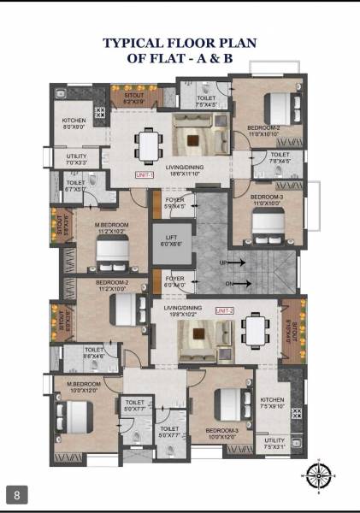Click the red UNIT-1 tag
point(144,174)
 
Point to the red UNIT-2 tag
point(225,310)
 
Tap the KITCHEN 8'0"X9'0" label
point(74,124)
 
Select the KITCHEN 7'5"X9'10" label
point(272,403)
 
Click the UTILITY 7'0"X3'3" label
point(76,159)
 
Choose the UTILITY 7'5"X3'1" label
point(274,443)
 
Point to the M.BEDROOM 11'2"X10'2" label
point(110,227)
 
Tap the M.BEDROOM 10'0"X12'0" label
point(85,387)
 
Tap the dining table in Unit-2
point(254,327)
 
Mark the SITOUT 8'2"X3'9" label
point(134,99)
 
